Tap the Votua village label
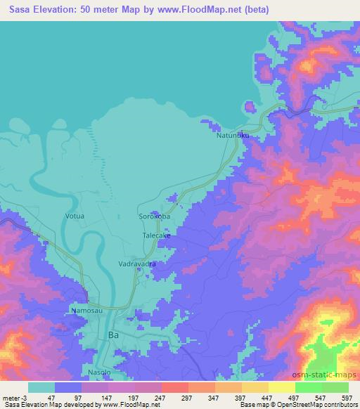point(75,216)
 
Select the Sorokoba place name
point(155,216)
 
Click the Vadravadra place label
point(136,264)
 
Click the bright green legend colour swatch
point(309,387)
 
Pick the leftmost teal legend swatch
point(41,387)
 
